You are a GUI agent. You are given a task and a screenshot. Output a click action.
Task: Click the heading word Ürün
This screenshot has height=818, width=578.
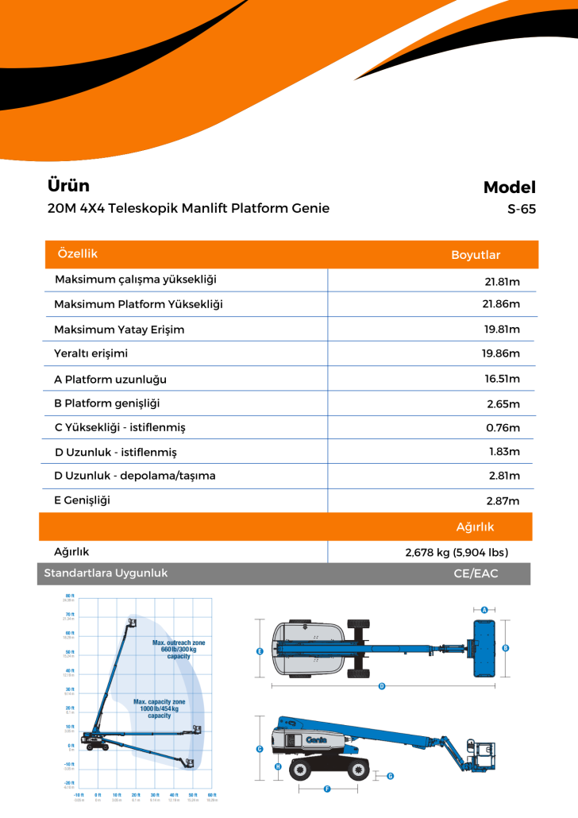[68, 186]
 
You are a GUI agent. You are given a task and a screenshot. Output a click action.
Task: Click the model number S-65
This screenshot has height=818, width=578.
[522, 210]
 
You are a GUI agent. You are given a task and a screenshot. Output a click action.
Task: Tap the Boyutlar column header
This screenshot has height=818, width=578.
[476, 255]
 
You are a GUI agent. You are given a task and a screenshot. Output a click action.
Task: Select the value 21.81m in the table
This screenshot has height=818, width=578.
[502, 281]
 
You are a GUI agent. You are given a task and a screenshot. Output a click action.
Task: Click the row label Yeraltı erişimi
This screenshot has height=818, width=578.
[91, 353]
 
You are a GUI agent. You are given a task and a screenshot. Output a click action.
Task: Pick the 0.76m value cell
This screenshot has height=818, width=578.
[503, 428]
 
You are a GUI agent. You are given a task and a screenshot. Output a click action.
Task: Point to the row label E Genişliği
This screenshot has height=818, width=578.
[82, 500]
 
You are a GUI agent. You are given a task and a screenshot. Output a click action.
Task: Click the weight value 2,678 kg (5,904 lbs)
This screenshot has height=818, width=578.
[457, 552]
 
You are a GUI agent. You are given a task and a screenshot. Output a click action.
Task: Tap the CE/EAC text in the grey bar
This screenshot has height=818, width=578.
[476, 573]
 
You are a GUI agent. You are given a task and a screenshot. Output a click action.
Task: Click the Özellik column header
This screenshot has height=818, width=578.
[78, 253]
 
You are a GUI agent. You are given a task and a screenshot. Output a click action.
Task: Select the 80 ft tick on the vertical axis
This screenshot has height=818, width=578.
[70, 596]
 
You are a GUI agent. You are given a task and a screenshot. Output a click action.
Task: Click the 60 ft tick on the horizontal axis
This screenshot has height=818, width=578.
[211, 795]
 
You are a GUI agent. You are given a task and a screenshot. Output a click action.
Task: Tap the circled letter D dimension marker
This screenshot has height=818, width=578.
[381, 685]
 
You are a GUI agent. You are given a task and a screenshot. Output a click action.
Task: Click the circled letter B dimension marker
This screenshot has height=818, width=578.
[506, 648]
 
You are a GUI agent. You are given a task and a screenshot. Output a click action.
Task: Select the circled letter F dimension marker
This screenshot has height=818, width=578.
[327, 789]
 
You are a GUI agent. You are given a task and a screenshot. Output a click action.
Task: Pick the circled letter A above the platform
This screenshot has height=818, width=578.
[484, 610]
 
